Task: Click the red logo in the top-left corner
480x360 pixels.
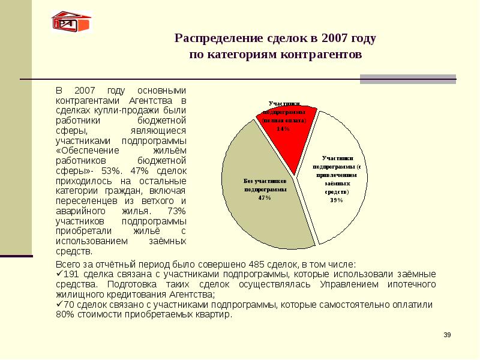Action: (71, 22)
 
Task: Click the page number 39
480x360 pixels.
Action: (447, 334)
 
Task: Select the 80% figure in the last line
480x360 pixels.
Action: (64, 315)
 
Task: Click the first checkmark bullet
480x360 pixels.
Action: (59, 274)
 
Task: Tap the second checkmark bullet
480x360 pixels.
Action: (59, 305)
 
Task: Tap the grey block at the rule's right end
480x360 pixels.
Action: (407, 79)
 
